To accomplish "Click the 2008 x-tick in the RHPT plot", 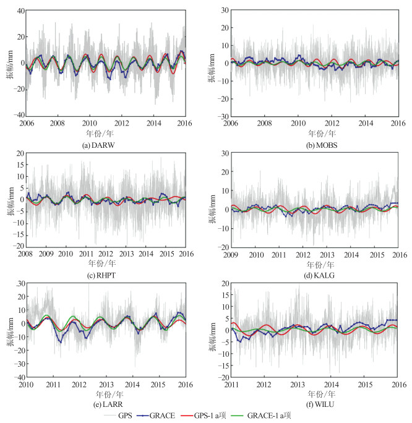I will (x=26, y=253).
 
